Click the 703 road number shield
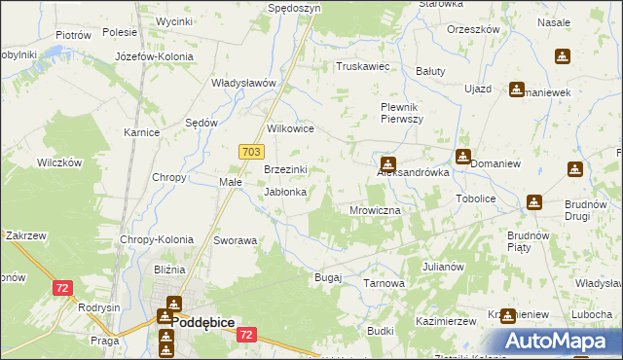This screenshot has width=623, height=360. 250,152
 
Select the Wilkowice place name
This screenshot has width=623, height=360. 290,127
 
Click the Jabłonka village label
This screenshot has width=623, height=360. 286,192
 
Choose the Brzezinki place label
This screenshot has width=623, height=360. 286,169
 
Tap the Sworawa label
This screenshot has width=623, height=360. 235,239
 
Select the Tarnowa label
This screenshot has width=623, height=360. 384,283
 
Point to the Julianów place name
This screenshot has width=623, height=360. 443,266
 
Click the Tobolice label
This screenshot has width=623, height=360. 476,198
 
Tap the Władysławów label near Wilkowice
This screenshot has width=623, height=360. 245,83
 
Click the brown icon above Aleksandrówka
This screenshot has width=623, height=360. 388,164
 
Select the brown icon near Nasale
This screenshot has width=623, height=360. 563,57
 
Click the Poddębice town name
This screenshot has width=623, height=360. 202,330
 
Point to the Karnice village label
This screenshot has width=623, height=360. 141,132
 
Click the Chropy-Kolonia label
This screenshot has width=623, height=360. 157,239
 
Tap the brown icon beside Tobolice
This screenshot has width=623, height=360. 534,202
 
